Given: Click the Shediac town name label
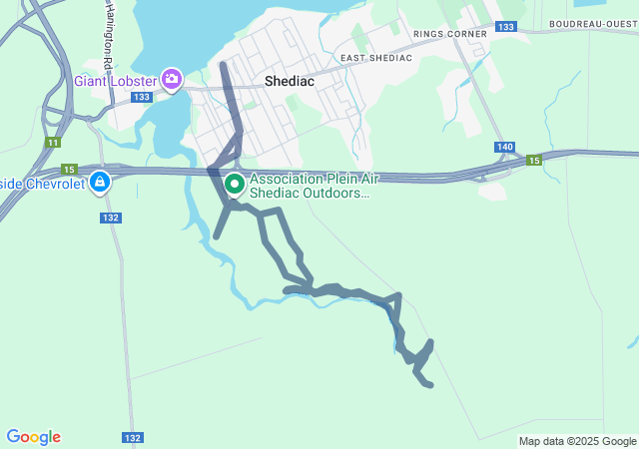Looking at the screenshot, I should pyautogui.click(x=291, y=83).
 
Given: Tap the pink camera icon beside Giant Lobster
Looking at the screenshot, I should pyautogui.click(x=172, y=77).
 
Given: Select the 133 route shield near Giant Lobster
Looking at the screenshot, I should pyautogui.click(x=141, y=97).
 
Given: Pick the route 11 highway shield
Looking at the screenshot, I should pyautogui.click(x=51, y=143).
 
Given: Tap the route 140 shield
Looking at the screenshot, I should pyautogui.click(x=504, y=147).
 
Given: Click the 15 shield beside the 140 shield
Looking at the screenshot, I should pyautogui.click(x=534, y=160).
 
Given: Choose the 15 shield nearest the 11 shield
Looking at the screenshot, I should pyautogui.click(x=69, y=169).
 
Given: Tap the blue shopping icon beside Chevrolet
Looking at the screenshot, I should pyautogui.click(x=100, y=183).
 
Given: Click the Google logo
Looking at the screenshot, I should pyautogui.click(x=33, y=437).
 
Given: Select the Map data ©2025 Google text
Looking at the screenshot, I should pyautogui.click(x=576, y=441).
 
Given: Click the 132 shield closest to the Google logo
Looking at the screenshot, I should pyautogui.click(x=132, y=437).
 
